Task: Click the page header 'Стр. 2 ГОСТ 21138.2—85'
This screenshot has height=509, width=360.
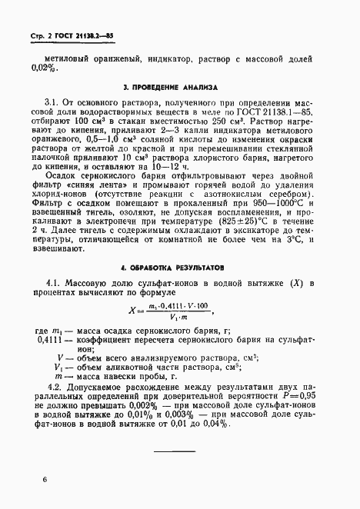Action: click(72, 35)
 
